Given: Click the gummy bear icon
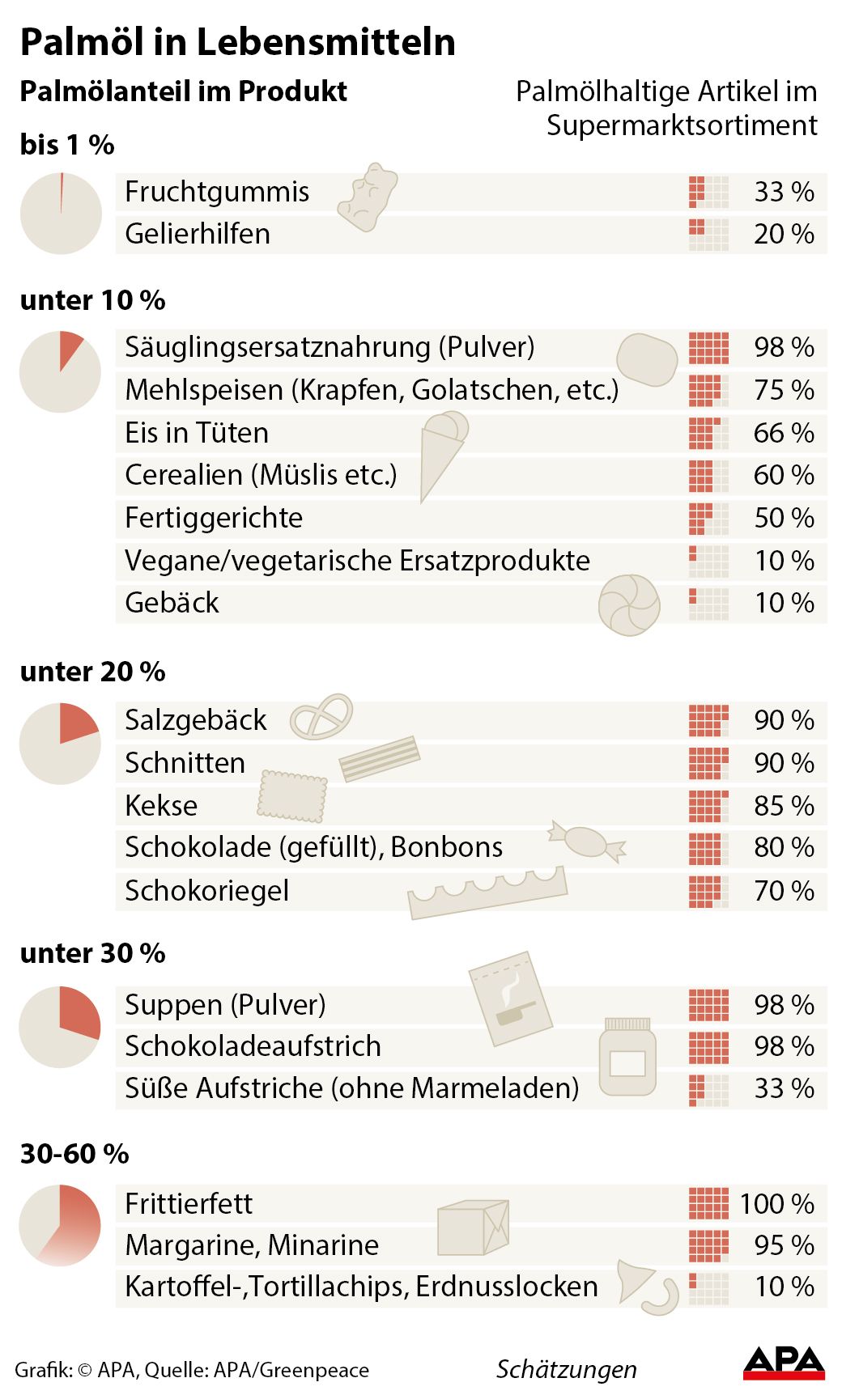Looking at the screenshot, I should click(x=368, y=197).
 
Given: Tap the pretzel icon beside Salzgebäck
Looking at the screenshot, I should click(x=321, y=717).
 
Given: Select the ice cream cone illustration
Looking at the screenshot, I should click(x=442, y=453).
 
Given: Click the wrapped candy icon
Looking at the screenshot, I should click(x=587, y=842).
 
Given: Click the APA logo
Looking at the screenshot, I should click(x=783, y=1363).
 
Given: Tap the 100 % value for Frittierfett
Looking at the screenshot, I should click(x=776, y=1204).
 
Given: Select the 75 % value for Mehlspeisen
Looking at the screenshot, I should click(x=783, y=390).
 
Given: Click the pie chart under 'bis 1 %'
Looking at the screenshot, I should click(x=61, y=214).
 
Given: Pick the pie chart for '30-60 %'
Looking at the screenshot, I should click(x=61, y=1225).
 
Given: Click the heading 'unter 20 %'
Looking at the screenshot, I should click(x=92, y=672).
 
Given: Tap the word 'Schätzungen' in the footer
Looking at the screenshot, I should click(x=566, y=1369).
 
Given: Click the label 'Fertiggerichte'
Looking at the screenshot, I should click(x=214, y=518).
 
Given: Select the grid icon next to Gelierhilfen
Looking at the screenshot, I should click(x=708, y=235).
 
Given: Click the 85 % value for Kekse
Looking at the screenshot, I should click(x=783, y=806).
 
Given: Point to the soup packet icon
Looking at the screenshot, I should click(x=510, y=999).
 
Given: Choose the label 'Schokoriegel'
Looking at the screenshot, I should click(x=206, y=891).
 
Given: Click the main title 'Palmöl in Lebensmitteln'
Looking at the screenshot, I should click(x=237, y=42).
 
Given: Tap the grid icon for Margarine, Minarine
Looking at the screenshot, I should click(x=708, y=1246).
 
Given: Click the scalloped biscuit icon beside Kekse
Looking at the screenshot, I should click(x=292, y=796).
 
